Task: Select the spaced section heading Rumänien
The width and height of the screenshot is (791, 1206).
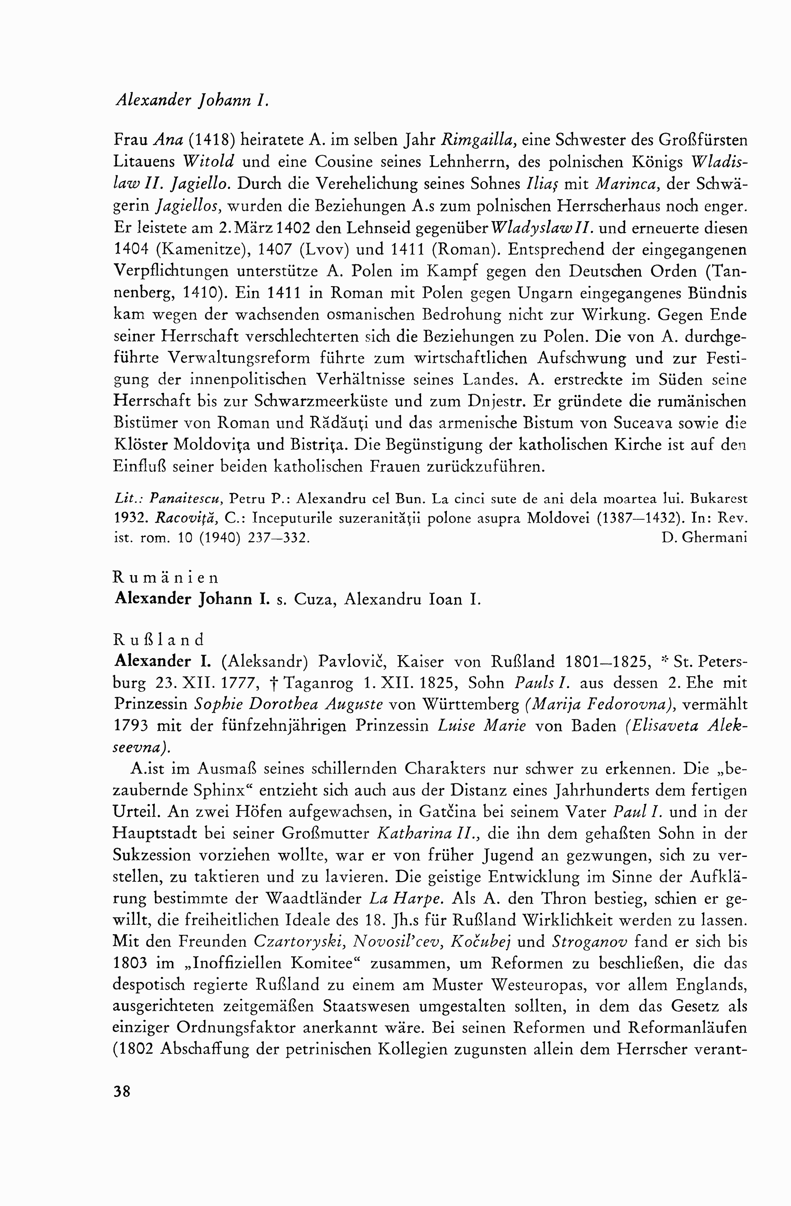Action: [x=166, y=577]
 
